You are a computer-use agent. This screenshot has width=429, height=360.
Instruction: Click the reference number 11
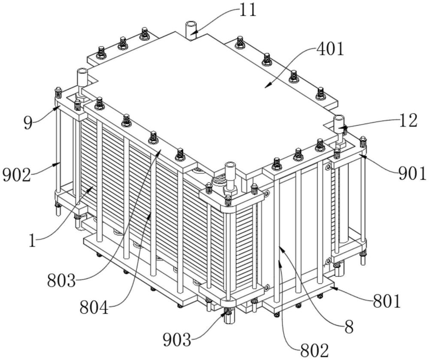248,10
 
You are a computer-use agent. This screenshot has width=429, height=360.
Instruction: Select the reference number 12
408,121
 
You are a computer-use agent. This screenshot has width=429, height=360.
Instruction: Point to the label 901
412,173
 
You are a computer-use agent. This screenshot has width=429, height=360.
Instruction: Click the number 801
387,301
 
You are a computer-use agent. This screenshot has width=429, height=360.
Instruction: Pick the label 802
314,350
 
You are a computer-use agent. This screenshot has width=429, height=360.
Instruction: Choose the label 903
177,340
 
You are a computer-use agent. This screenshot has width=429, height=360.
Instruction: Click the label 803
61,281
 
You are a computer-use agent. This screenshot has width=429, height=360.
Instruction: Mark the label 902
16,175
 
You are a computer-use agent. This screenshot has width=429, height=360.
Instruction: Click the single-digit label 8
348,327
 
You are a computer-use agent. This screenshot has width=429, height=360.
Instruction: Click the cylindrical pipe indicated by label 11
190,30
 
